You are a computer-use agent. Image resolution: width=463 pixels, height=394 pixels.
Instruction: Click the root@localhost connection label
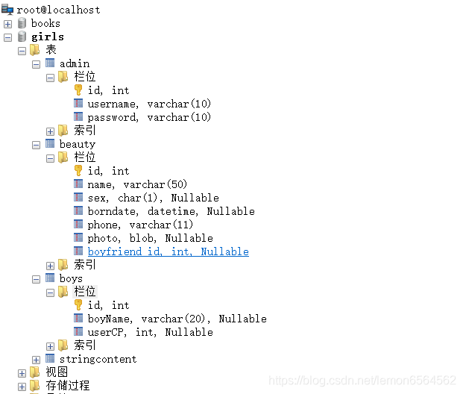58,10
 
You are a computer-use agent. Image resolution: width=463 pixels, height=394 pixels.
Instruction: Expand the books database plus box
8,24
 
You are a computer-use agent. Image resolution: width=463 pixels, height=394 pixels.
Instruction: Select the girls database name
47,37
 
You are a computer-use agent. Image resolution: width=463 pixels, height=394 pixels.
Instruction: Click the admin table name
74,63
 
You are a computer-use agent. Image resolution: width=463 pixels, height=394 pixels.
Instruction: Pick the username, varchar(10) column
149,104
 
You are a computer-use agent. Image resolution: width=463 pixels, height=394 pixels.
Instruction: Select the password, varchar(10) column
149,117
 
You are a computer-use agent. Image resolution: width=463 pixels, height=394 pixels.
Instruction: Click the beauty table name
77,144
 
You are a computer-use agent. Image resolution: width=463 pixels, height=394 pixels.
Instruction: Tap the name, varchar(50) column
137,184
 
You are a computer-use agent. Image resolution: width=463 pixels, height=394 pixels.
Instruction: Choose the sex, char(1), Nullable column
153,198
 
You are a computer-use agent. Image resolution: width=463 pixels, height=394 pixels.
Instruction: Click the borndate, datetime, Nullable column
171,211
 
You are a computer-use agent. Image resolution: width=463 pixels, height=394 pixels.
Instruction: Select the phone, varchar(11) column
140,225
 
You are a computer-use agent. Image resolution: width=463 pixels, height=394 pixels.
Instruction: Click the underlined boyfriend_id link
168,251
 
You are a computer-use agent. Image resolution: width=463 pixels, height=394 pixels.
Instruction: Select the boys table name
71,278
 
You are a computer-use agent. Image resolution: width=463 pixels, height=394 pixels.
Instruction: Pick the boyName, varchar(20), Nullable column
177,319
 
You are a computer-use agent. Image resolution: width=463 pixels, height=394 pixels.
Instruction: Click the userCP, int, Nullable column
150,332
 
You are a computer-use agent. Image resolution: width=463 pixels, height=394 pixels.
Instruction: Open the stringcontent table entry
98,359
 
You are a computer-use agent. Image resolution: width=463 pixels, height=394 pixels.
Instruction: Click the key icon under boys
78,305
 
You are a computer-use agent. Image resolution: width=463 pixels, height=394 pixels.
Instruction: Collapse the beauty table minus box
36,145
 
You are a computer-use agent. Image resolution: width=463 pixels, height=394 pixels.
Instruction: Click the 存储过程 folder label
67,386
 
